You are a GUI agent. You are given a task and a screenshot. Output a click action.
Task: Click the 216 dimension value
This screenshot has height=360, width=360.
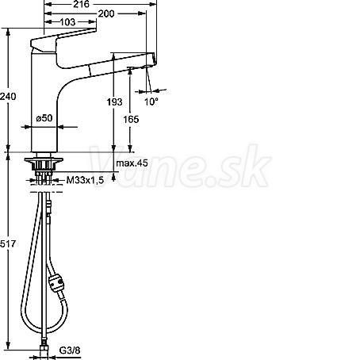[x=81, y=4]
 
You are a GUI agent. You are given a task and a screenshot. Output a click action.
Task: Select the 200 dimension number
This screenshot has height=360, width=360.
[x=106, y=13]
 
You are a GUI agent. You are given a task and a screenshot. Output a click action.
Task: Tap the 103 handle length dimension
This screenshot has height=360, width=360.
[x=67, y=22]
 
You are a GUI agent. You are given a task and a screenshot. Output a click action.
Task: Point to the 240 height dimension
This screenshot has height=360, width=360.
[x=8, y=96]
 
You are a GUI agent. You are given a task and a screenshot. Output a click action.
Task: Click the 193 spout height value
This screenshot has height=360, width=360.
[x=114, y=101]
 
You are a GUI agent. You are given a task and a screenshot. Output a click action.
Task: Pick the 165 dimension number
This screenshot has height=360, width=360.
[x=131, y=120]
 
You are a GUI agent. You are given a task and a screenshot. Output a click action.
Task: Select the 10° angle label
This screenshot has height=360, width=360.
[x=151, y=101]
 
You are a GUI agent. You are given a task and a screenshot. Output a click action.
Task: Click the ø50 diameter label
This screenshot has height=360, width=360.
[x=44, y=118]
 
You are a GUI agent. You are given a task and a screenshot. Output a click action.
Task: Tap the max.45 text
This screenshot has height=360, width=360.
[x=132, y=163]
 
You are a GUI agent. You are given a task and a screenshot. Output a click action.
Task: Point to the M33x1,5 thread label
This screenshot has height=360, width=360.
[x=85, y=180]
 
